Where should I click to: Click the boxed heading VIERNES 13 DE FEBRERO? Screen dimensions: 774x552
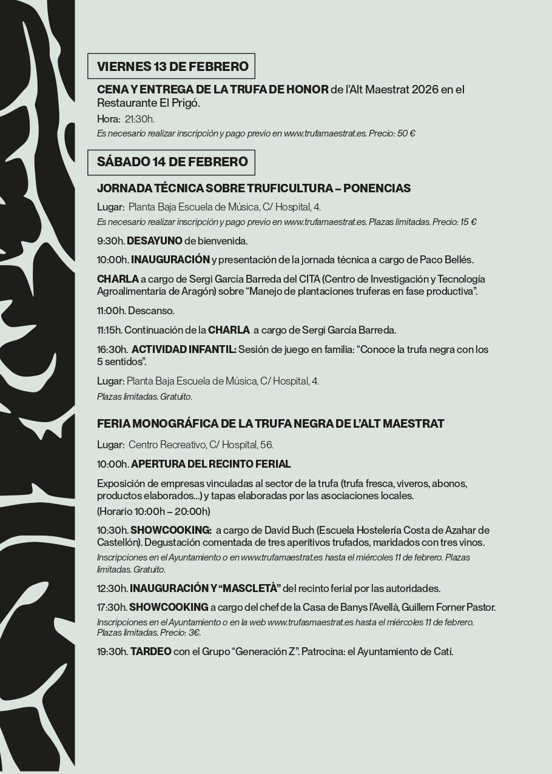pos(172,66)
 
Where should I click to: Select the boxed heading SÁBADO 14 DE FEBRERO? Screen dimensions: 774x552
pos(172,162)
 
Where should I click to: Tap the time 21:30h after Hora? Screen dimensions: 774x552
pos(140,119)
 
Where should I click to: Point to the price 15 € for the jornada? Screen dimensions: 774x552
pos(468,222)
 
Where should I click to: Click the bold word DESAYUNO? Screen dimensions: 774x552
pos(155,241)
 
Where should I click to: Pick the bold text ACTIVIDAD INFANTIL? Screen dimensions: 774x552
pos(184,350)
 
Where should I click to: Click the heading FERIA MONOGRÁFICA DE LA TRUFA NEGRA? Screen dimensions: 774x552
pos(271,423)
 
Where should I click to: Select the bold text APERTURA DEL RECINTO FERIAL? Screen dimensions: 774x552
pos(210,464)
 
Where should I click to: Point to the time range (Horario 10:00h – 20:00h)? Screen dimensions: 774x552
pos(153,511)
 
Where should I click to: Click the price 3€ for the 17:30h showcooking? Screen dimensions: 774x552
pos(194,633)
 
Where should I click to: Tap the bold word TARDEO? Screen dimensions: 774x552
pos(150,652)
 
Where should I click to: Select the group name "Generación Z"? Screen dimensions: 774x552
pos(264,652)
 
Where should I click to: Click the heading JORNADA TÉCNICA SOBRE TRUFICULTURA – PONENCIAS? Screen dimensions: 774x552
pos(254,189)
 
